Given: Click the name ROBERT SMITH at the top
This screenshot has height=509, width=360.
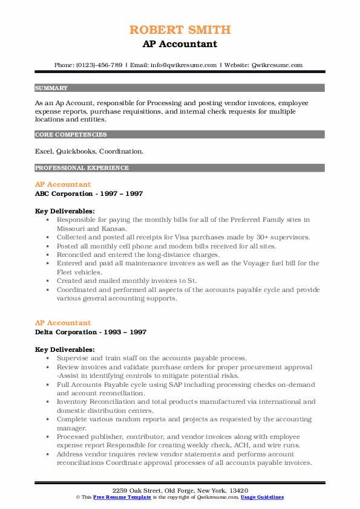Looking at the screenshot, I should click(180, 30).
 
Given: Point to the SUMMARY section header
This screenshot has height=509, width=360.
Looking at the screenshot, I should click(51, 88).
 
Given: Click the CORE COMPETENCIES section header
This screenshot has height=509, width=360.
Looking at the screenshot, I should click(71, 135).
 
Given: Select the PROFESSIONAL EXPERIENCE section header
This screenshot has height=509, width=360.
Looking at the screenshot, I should click(82, 167).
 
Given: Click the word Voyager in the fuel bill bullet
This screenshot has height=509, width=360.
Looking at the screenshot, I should click(254, 263).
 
